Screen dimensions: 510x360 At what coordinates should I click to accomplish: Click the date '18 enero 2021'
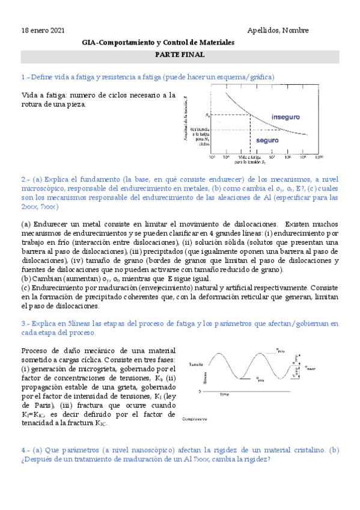(x=43, y=31)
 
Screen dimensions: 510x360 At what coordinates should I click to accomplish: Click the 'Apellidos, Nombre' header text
(x=278, y=31)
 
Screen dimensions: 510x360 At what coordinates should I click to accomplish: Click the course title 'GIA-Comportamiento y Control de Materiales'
(x=158, y=43)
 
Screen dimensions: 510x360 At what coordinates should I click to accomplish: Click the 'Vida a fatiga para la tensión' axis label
(x=242, y=159)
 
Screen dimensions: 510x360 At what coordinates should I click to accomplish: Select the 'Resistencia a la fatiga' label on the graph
(x=200, y=135)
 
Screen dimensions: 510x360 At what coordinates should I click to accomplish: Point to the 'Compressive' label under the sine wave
(x=194, y=419)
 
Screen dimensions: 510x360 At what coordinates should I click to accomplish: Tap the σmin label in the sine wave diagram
(x=260, y=379)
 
